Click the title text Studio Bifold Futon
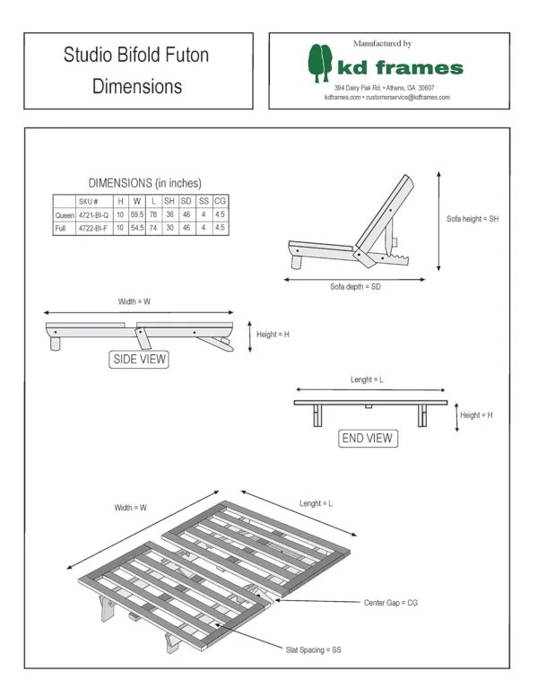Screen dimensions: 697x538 coord(136,56)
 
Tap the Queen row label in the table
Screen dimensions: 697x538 coord(65,215)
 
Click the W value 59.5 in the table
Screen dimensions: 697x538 coord(137,215)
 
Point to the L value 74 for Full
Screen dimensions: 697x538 coord(153,229)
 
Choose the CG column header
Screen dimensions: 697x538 coord(220,202)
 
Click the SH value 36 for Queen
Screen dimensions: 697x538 coord(169,215)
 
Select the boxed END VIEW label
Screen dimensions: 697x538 coord(367,439)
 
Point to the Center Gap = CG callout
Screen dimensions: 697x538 coord(391,603)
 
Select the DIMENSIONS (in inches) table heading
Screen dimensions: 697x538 coord(143,183)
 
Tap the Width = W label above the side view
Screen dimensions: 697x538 coord(134,302)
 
